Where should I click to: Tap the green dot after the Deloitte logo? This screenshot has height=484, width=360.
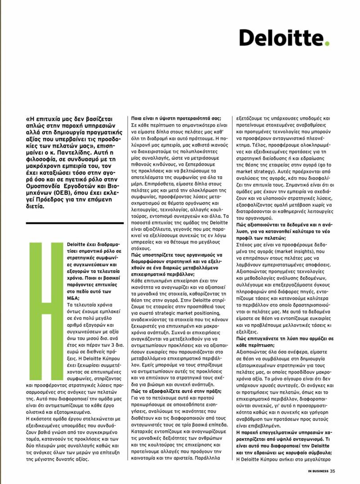327,44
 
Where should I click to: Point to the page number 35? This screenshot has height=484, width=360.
333,471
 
